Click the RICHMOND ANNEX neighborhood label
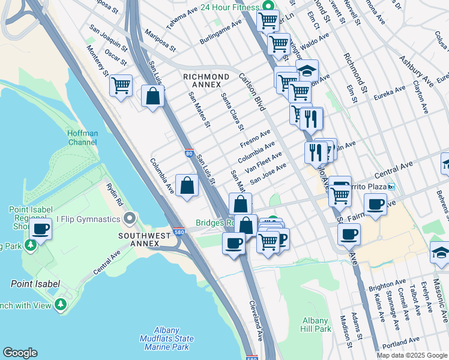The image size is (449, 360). (206, 80)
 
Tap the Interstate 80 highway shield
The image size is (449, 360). (188, 154)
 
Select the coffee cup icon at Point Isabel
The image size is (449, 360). (41, 228)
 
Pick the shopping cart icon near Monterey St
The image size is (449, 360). (121, 86)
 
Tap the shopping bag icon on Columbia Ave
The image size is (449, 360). (187, 185)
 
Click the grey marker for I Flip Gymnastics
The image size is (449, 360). (128, 218)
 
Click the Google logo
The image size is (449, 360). (20, 353)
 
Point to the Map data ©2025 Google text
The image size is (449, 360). (411, 355)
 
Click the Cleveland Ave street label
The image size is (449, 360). (256, 320)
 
